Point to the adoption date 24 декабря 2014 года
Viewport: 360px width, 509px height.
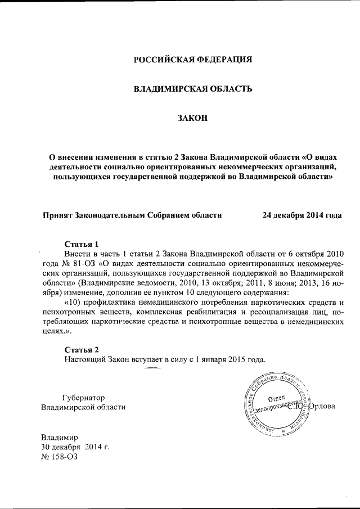[x=302, y=215]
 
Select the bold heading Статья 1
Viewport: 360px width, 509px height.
[x=82, y=244]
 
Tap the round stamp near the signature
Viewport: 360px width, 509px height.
[x=277, y=403]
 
